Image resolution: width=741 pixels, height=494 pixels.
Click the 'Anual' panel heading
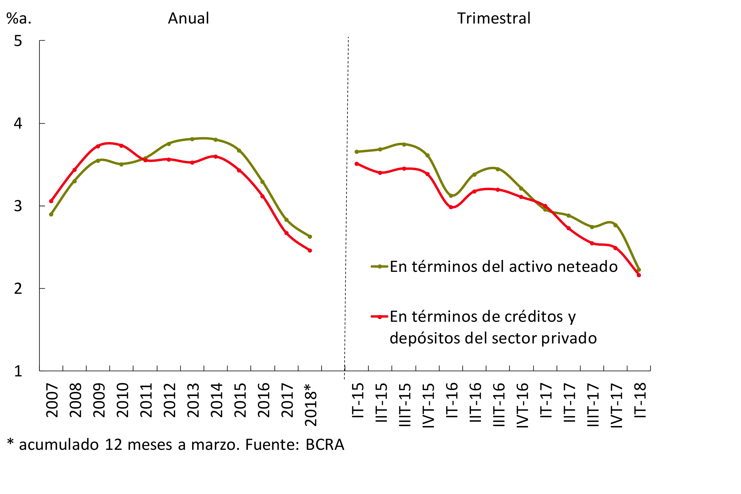[188, 18]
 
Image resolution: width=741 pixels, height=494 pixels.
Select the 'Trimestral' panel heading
[494, 18]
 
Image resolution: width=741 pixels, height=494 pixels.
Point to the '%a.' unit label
[19, 18]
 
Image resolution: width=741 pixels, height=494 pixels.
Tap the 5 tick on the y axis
[18, 41]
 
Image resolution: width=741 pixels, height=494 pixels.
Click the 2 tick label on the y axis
[18, 289]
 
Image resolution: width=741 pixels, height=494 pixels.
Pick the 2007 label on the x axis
[52, 400]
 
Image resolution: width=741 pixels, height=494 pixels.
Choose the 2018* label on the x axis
[311, 405]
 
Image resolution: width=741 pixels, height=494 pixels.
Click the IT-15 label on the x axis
[358, 400]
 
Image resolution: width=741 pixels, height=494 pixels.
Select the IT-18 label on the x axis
[640, 400]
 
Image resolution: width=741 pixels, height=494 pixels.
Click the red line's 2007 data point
[51, 201]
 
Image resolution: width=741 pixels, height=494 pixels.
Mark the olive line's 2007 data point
[51, 214]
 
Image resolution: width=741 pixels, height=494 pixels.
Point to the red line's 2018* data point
[310, 250]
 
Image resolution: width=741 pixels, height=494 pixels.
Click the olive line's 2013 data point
[192, 139]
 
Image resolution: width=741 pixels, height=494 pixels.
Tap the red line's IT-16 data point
[451, 207]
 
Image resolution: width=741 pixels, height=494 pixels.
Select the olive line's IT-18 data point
[639, 270]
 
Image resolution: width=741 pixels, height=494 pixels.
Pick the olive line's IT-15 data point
[357, 152]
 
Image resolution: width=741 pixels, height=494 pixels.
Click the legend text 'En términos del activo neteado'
[503, 267]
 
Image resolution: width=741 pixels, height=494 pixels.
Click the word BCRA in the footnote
[325, 445]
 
